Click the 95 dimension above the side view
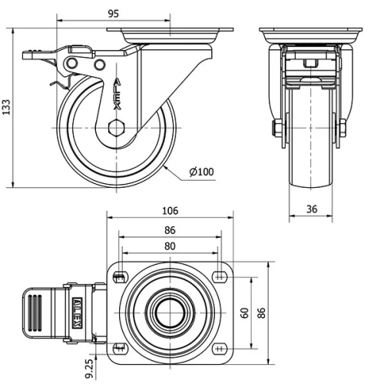coord(113,13)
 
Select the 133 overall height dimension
coord(7,106)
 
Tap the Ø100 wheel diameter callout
coord(200,172)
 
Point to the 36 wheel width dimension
coord(312,208)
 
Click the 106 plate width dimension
coord(170,211)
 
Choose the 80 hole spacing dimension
coord(170,246)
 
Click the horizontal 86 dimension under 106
coord(170,229)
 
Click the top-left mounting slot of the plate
coord(120,277)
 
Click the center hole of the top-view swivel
coord(170,313)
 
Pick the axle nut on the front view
coord(276,129)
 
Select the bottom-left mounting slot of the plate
coord(120,348)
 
